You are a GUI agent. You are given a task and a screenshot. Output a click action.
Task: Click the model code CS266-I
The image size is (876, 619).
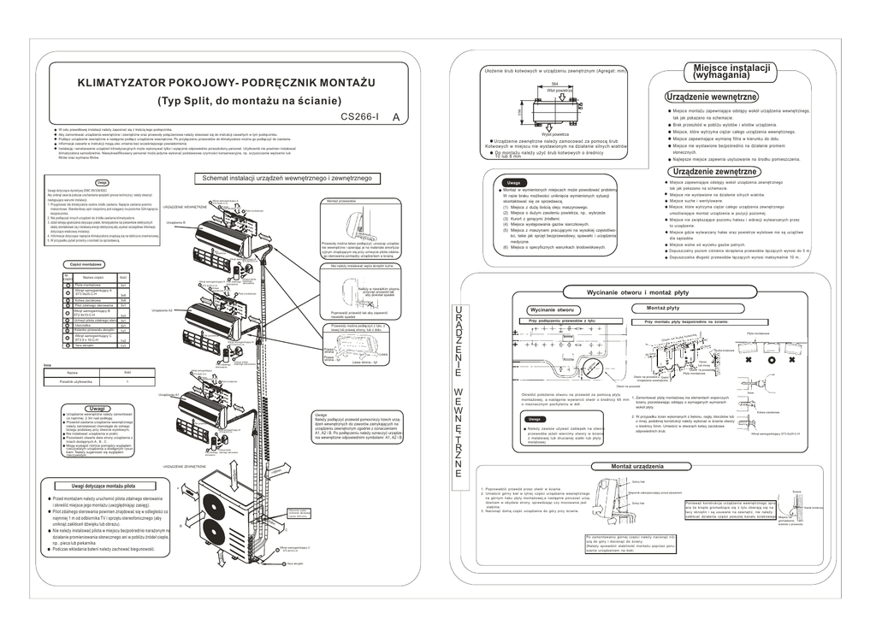360,117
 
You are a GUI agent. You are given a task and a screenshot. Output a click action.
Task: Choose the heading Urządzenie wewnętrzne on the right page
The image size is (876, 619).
711,97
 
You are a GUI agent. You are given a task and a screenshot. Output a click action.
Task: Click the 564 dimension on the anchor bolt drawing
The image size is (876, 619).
554,83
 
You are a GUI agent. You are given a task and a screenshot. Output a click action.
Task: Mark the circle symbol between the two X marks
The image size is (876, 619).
772,361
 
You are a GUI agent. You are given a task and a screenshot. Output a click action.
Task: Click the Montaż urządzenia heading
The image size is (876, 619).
636,466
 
